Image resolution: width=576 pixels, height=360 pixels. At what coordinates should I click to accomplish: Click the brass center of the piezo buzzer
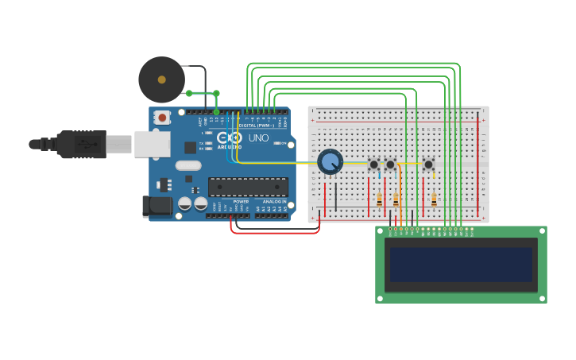(162, 79)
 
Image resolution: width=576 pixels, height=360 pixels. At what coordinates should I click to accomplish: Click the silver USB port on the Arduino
(152, 144)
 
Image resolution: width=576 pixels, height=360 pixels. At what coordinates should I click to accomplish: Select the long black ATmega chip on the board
(248, 187)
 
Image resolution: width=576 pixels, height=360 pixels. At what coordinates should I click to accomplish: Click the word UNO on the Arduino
(259, 138)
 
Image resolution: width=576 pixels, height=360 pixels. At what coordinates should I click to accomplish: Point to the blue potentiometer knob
(330, 162)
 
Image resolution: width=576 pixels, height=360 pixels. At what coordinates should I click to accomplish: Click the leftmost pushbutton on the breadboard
(373, 165)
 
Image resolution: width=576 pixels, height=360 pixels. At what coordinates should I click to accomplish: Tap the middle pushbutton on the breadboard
(390, 165)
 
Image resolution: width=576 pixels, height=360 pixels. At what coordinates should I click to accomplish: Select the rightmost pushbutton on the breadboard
(428, 165)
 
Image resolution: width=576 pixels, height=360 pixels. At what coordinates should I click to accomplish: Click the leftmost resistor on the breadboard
(379, 199)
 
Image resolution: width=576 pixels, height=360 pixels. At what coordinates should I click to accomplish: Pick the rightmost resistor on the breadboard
(434, 199)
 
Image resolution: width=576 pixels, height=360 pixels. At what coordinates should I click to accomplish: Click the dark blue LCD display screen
(461, 265)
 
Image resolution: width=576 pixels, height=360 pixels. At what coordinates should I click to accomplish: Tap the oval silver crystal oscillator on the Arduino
(188, 165)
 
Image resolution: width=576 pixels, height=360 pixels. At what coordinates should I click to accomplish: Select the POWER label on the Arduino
(241, 202)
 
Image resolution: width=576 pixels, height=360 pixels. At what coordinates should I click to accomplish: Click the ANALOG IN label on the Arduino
(275, 202)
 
